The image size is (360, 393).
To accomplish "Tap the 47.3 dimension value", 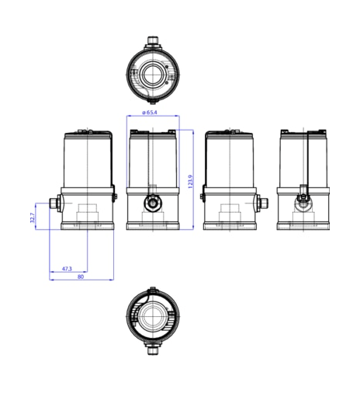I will pos(66,269).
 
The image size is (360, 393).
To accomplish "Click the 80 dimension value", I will pos(80,276).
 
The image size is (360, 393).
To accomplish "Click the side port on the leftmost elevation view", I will pos(55,203).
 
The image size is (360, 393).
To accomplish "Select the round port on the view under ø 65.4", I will pos(153,203).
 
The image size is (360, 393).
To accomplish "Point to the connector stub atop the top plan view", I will pos(153,39).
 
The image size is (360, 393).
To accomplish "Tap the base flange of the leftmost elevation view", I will pos(88,226).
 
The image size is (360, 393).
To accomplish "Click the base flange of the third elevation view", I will pos(230,226).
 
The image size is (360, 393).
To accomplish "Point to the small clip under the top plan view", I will pos(152,101).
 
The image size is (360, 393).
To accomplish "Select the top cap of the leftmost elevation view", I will pos(88,134).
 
